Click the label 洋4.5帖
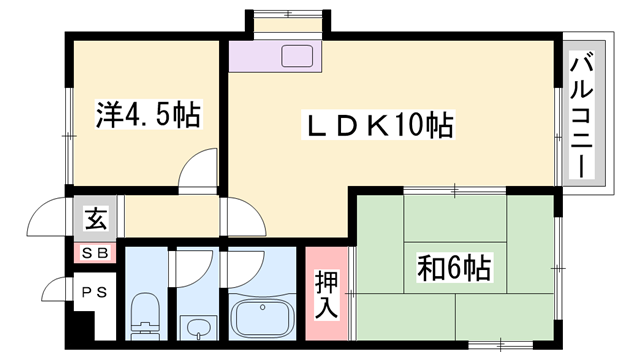tap(149, 116)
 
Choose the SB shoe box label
tap(96, 253)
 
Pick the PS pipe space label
tap(95, 293)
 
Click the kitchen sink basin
tap(299, 56)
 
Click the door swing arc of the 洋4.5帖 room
tap(199, 167)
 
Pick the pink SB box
tap(96, 253)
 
